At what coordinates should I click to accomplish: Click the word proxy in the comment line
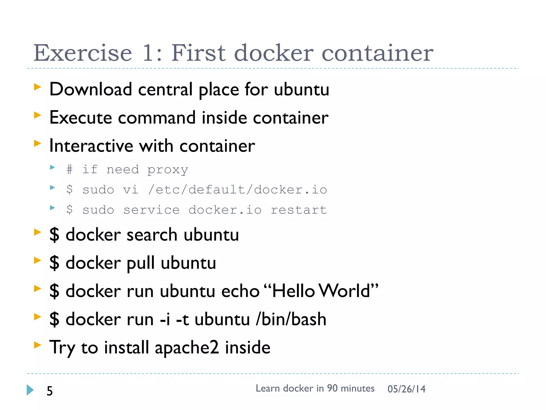pos(168,170)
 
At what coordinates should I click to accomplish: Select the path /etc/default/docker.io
pos(237,190)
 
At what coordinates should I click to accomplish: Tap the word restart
pos(299,210)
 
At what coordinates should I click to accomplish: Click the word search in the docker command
pos(152,235)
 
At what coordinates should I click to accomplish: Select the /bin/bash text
pos(291,319)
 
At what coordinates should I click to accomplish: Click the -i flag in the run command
pos(165,319)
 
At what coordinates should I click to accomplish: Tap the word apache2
pos(187,348)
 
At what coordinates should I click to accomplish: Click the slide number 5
pos(50,391)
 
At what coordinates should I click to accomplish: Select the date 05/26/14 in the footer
pos(406,389)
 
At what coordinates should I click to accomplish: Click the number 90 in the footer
pos(332,388)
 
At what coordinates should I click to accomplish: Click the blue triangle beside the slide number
pos(30,390)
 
